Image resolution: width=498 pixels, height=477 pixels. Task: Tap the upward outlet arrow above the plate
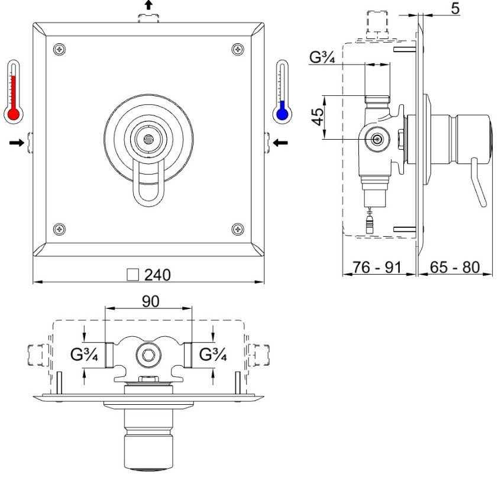tap(148, 5)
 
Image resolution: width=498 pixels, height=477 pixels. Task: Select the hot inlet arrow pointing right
tap(17, 143)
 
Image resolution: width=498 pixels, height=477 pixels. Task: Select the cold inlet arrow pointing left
tap(280, 143)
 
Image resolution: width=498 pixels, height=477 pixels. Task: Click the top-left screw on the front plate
tap(59, 49)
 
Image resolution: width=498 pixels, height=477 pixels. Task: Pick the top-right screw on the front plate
tap(238, 49)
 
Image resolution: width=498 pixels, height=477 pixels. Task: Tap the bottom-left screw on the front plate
tap(59, 229)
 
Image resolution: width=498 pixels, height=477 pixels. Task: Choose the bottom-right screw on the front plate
tap(238, 229)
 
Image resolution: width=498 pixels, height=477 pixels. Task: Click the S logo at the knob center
tap(148, 140)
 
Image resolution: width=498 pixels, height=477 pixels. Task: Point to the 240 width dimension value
tap(157, 275)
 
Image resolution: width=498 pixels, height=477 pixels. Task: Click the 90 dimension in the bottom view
tap(151, 301)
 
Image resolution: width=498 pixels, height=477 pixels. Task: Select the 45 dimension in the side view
tap(318, 117)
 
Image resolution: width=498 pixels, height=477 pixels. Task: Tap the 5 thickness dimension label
tap(455, 8)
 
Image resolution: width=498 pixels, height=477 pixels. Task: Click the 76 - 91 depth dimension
tap(377, 267)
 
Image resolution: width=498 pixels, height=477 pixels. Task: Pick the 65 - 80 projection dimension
tap(455, 267)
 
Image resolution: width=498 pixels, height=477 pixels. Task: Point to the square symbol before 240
tap(132, 275)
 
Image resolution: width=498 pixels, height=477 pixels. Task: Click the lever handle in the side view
tap(479, 182)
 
